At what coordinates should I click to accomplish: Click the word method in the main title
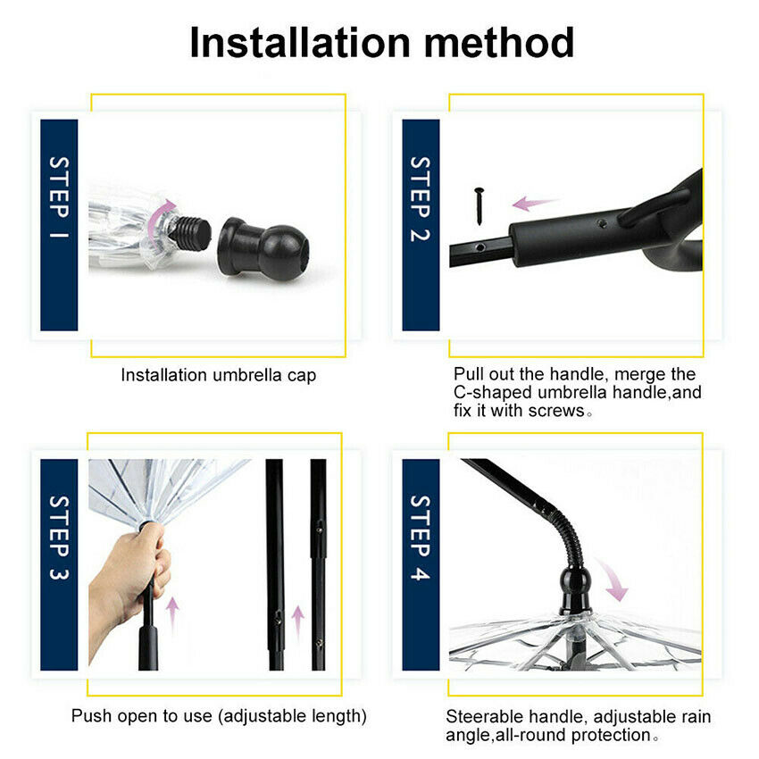[x=499, y=43]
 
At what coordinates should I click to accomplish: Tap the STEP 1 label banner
[x=59, y=225]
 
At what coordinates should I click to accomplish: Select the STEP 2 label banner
[x=421, y=225]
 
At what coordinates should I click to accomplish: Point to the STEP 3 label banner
[x=59, y=564]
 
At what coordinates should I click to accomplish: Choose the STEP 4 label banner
[x=421, y=564]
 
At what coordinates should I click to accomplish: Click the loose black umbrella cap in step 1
[x=263, y=249]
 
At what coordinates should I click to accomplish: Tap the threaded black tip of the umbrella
[x=191, y=233]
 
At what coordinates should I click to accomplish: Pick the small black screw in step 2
[x=480, y=205]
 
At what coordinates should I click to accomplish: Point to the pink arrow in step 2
[x=535, y=204]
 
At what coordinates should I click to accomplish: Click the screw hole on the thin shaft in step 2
[x=480, y=247]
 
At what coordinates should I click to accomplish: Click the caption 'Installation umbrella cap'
[x=218, y=375]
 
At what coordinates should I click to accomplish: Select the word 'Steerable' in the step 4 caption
[x=484, y=716]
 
